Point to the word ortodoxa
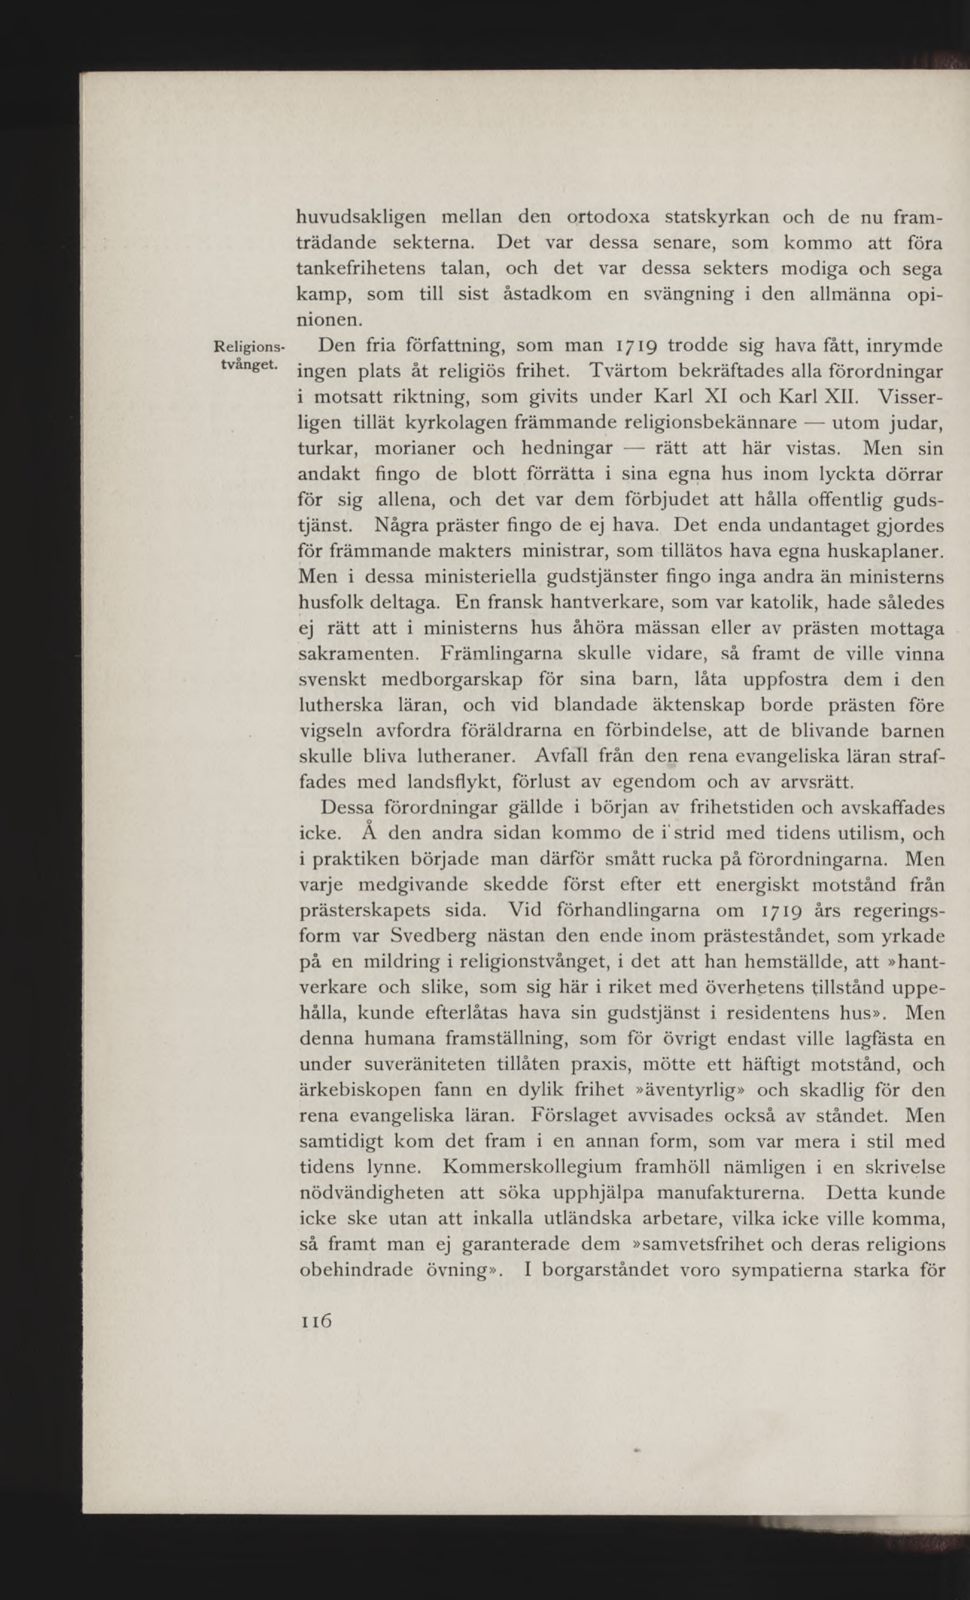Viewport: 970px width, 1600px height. pyautogui.click(x=608, y=217)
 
